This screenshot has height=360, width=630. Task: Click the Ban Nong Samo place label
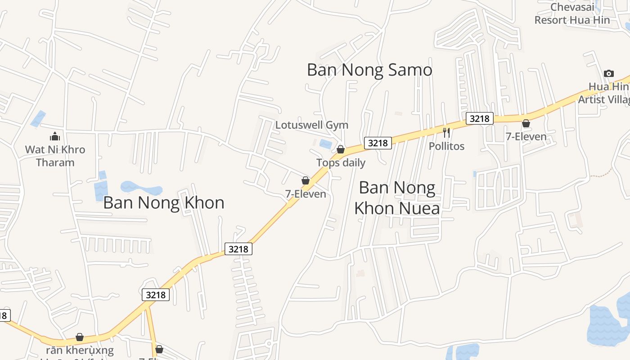tap(369, 70)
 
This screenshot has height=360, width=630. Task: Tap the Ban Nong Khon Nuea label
tap(397, 198)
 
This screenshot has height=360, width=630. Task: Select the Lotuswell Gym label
tap(312, 125)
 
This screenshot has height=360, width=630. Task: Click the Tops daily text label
tap(341, 163)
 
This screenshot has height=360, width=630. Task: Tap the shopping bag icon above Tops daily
tap(341, 149)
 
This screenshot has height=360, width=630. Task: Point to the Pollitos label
tap(446, 146)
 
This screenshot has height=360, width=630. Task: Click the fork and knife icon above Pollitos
tap(446, 133)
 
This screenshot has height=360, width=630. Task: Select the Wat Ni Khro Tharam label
tap(55, 156)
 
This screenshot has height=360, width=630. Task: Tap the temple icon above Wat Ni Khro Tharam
tap(55, 136)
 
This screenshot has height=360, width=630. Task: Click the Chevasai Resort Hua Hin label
tap(572, 13)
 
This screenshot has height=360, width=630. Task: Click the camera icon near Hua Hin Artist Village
tap(608, 74)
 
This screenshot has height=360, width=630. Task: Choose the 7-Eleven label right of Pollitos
tap(526, 137)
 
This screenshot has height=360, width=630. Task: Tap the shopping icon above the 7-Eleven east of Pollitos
tap(526, 123)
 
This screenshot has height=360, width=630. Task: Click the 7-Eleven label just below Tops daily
tap(306, 194)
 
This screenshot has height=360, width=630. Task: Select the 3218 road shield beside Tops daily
tap(378, 143)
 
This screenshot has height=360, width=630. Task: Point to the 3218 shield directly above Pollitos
tap(479, 118)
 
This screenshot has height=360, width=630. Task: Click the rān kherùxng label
tap(80, 350)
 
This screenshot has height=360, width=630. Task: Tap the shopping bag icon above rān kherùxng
tap(80, 337)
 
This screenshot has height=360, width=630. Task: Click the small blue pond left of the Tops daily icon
tap(325, 144)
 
